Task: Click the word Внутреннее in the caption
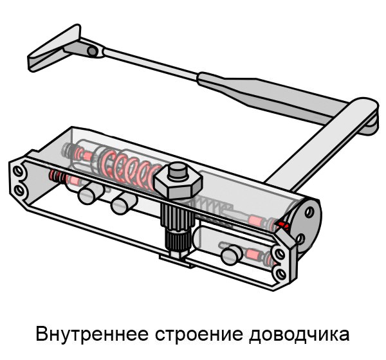(x=92, y=334)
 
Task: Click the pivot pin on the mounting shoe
(x=93, y=51)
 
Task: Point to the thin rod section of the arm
(x=151, y=64)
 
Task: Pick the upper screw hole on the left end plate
(x=18, y=171)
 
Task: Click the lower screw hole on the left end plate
(x=19, y=190)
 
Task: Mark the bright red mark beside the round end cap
(x=283, y=225)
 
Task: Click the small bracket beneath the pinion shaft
(x=176, y=262)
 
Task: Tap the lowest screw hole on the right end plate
(x=280, y=273)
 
